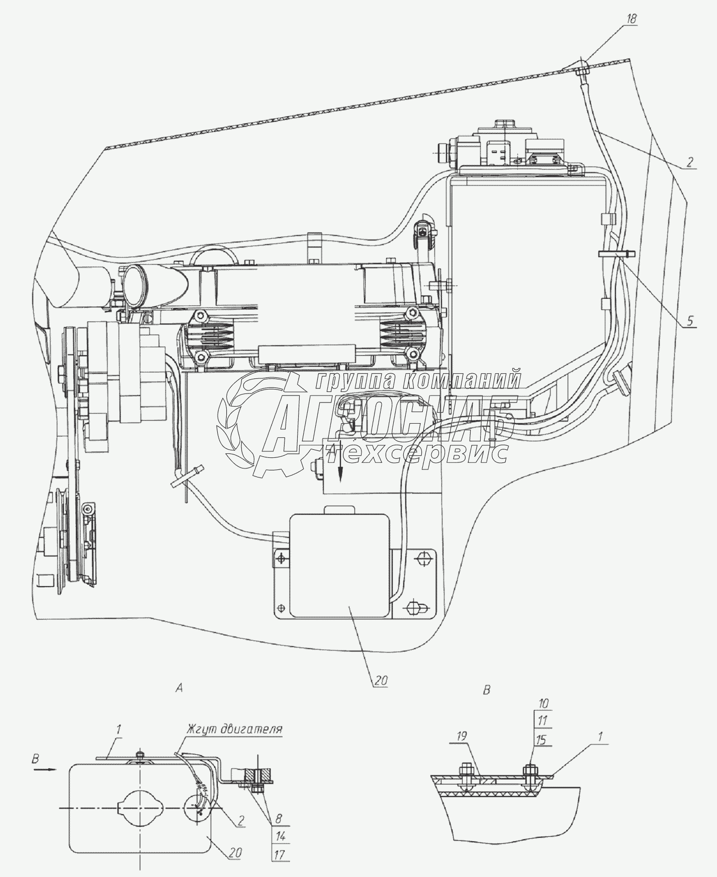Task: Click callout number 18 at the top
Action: [632, 18]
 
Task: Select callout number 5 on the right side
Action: [690, 320]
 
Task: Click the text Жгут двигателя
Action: [234, 729]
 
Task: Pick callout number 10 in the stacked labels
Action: [544, 703]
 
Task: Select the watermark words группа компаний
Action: [417, 381]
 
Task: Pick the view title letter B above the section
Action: [486, 690]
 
